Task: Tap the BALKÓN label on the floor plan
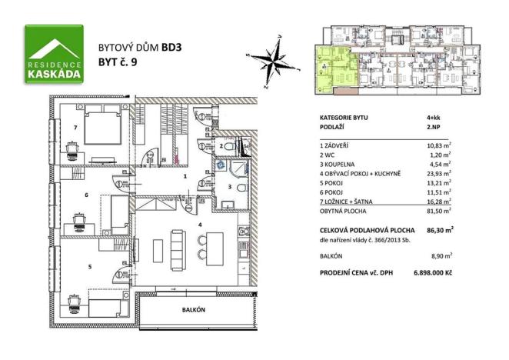(193, 309)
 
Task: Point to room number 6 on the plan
(86, 195)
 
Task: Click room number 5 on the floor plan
(89, 267)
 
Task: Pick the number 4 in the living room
(199, 225)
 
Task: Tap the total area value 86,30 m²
(439, 229)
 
